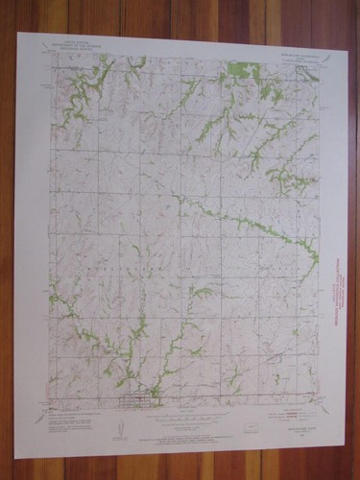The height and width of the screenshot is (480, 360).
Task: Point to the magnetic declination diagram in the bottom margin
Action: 119,419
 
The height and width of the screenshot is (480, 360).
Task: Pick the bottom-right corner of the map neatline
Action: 320,401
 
